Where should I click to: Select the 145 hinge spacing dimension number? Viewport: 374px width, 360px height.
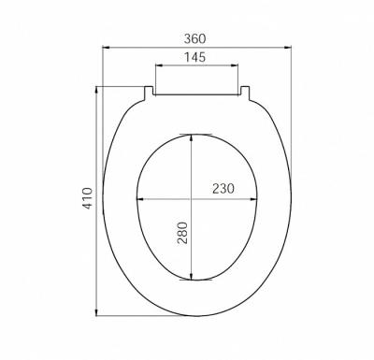[x=196, y=57]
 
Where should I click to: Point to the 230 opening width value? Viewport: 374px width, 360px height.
[x=222, y=188]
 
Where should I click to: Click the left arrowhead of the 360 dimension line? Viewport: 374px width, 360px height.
[x=104, y=47]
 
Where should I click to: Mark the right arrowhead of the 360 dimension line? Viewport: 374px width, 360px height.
[x=290, y=47]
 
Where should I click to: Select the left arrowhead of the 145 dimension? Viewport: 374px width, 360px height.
[x=157, y=66]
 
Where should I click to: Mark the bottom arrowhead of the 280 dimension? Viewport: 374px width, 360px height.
[x=192, y=278]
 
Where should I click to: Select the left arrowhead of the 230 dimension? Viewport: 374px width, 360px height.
[x=138, y=198]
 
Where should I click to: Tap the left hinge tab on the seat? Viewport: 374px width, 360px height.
[x=148, y=91]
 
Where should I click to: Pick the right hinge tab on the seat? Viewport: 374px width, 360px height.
[x=246, y=91]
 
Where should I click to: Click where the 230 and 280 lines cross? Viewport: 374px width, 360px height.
[x=192, y=198]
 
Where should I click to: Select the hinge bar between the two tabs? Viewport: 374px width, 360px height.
[x=196, y=92]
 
